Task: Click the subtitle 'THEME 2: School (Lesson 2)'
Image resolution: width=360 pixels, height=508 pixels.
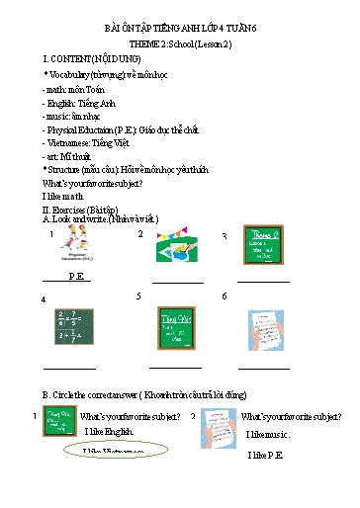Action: coord(179,46)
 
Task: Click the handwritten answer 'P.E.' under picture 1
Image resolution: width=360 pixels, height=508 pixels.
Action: coord(76,276)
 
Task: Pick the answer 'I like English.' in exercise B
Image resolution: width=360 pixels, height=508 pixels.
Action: coord(108,432)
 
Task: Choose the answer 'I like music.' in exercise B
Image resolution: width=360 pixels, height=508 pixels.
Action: coord(267,435)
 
